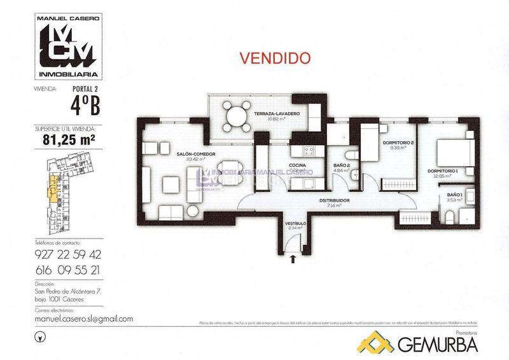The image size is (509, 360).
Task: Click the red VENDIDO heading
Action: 275,57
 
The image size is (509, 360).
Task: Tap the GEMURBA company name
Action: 438,343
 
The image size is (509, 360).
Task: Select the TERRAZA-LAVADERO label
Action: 278,114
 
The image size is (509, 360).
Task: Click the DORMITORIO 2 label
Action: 398,143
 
